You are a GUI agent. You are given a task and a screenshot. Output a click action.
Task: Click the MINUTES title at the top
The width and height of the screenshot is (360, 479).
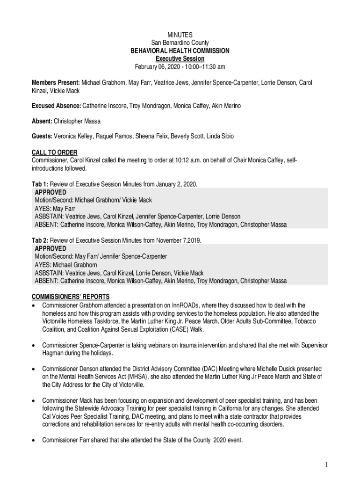point(180,35)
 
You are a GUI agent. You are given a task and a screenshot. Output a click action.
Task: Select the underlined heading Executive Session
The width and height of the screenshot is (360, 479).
point(180,58)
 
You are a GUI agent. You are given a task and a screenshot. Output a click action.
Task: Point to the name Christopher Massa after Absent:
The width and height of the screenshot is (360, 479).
point(77,122)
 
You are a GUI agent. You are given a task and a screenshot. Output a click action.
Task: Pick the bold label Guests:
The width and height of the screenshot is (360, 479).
point(42,137)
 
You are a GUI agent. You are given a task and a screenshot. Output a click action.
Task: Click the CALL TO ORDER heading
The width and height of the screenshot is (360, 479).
point(54,152)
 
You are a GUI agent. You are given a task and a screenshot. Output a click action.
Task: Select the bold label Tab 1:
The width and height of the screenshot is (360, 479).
point(39,184)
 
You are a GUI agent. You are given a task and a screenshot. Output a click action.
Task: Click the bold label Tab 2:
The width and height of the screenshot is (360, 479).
point(39,240)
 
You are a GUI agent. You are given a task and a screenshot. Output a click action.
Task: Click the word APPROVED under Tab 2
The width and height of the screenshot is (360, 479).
point(50,248)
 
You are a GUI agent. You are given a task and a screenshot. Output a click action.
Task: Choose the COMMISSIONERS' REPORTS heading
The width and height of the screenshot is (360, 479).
point(71,297)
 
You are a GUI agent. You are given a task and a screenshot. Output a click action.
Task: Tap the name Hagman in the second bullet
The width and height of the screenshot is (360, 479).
point(54,353)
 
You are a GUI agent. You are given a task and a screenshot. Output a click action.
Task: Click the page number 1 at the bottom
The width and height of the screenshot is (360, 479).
point(327,464)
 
